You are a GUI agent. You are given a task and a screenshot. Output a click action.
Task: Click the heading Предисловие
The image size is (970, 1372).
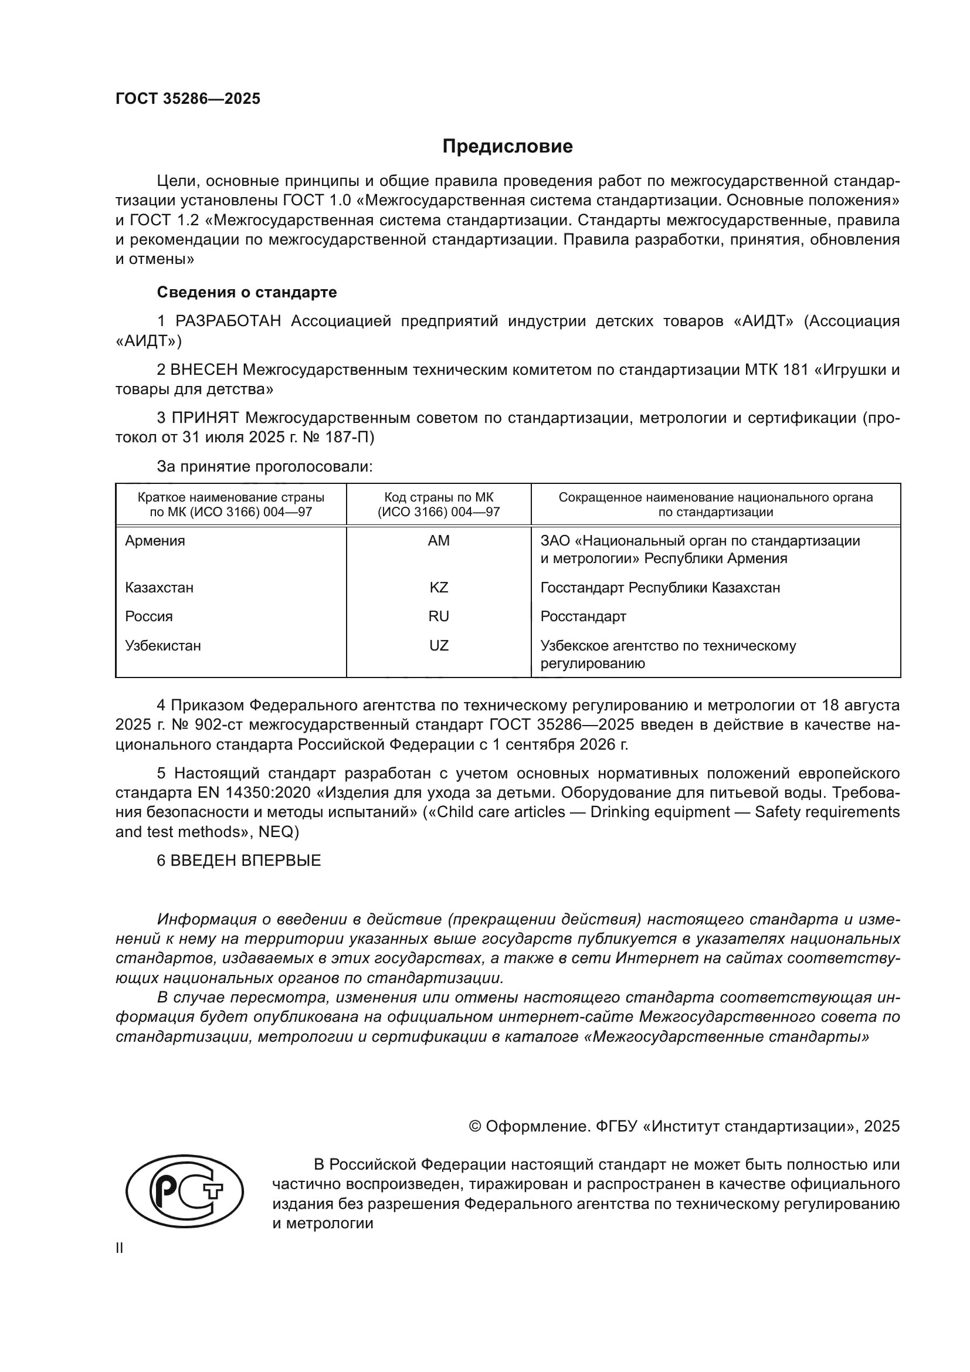coord(507,147)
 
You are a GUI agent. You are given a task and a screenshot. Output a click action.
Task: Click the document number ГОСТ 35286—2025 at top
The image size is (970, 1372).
coord(188,99)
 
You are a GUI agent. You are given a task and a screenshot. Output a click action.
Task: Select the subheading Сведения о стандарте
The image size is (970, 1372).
coord(247,292)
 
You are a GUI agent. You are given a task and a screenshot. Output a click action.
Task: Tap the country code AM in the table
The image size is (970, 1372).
coord(439,541)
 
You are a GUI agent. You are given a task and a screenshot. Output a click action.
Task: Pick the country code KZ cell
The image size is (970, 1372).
coord(439,587)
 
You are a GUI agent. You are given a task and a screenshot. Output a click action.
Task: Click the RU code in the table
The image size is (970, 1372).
coord(439,616)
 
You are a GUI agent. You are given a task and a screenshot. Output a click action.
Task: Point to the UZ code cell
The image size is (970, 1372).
coord(439,645)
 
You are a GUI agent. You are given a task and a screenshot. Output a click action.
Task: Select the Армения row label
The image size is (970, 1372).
coord(155,541)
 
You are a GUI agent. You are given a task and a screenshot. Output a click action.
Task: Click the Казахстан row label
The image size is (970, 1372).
coord(159,587)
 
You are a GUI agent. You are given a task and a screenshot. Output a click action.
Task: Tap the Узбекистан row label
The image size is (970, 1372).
coord(162,645)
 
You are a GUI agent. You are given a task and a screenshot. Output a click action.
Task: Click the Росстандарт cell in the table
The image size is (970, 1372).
coord(583,616)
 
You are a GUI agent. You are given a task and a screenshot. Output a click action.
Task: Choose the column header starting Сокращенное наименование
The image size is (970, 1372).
coord(715,504)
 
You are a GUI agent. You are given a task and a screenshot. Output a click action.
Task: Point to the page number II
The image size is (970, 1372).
coord(120,1248)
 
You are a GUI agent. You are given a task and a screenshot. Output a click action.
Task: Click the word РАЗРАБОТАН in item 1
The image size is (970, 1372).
coord(228,321)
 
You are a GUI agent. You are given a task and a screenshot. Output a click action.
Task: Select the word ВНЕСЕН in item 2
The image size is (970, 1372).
coord(204,370)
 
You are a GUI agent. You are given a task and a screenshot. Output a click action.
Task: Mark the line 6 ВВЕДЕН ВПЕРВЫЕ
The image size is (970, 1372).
coord(238,861)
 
